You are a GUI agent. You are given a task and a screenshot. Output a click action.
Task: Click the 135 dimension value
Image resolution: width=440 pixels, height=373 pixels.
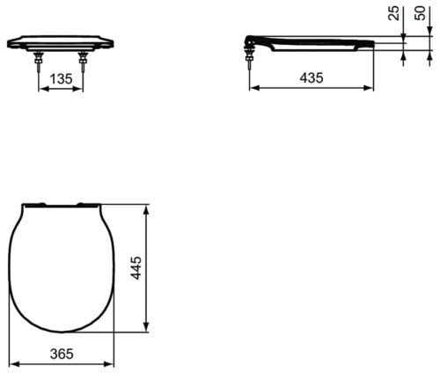(x=61, y=78)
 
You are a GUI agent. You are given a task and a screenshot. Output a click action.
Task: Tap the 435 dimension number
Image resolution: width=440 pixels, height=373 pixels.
(x=312, y=77)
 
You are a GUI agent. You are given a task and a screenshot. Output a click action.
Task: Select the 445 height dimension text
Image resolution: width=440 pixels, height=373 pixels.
(x=136, y=268)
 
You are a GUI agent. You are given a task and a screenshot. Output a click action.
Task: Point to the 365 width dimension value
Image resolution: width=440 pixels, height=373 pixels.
(x=62, y=354)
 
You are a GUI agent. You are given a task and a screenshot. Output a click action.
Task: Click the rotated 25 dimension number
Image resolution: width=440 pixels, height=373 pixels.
(x=394, y=13)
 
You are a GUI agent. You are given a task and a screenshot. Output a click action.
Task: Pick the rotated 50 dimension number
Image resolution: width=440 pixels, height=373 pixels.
(x=420, y=13)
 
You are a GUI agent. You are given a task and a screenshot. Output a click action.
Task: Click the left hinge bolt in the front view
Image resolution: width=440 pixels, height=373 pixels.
(x=39, y=62)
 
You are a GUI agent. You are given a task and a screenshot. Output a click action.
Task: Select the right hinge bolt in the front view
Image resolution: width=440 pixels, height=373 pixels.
(x=83, y=62)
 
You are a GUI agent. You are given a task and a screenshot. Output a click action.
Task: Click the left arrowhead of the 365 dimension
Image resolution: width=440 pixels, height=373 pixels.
(x=14, y=364)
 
